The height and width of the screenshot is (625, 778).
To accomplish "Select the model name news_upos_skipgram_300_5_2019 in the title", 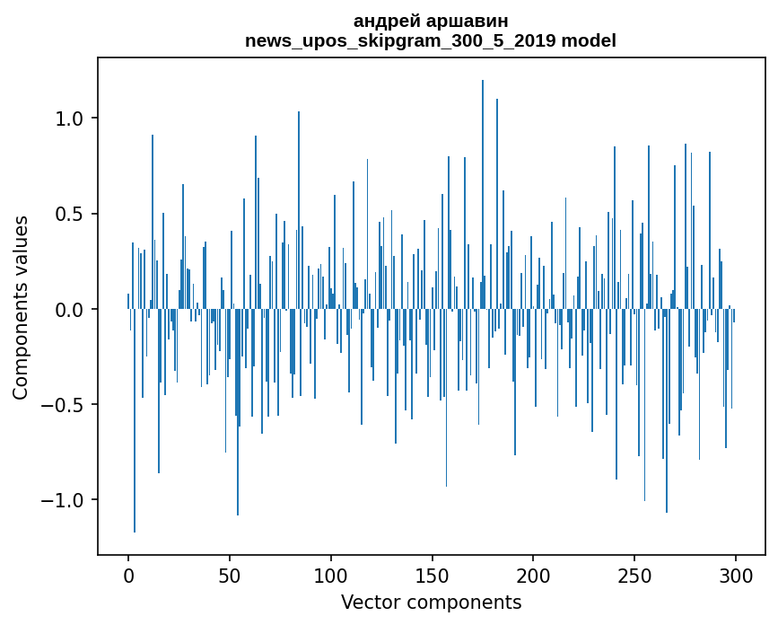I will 400,41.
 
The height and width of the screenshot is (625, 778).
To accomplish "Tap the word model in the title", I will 589,41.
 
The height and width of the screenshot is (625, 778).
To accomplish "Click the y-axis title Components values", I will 21,307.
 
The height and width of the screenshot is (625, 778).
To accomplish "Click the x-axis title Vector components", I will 431,603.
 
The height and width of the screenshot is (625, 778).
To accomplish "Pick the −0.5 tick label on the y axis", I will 66,404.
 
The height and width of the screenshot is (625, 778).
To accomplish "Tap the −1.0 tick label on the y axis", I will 66,499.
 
